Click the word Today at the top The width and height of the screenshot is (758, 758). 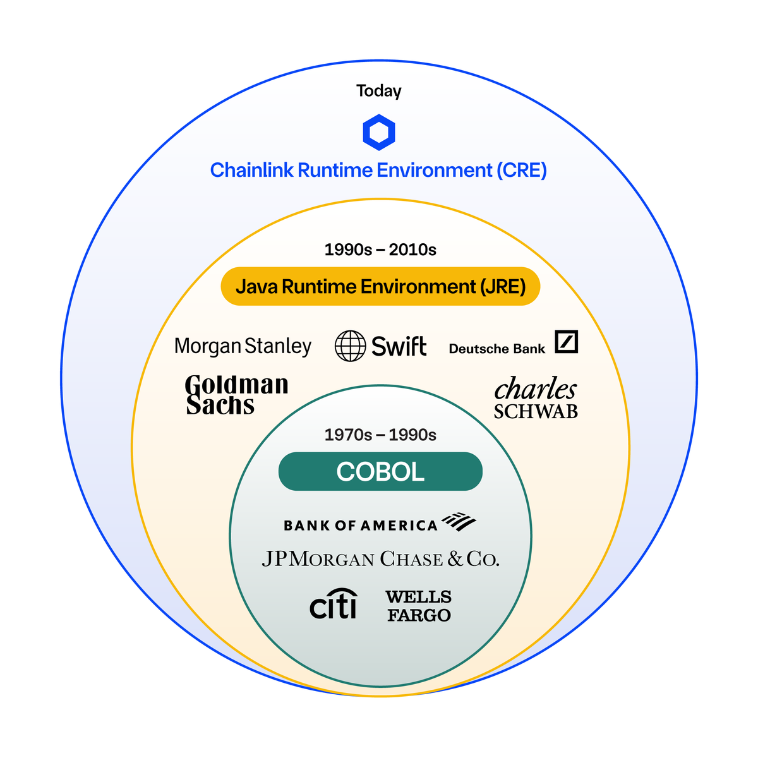pos(378,91)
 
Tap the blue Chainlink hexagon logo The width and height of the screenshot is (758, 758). pos(379,133)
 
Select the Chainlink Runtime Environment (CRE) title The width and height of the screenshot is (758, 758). pos(378,171)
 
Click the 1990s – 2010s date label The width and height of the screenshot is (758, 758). pos(380,250)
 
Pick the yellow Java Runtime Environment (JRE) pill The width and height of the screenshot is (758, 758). pos(380,287)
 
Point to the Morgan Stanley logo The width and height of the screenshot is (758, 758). pos(243,346)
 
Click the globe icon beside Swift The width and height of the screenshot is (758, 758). pos(350,346)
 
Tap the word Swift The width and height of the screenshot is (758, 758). pos(399,346)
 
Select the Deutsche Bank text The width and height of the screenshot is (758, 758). pos(496,349)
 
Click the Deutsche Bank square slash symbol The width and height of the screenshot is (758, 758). pos(566,342)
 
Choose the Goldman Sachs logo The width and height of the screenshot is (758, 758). pos(236,395)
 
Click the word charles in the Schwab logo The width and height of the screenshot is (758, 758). pos(536,389)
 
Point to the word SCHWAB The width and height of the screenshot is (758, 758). pos(536,412)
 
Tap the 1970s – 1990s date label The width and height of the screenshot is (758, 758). pos(380,435)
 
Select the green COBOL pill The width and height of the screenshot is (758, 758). pos(380,472)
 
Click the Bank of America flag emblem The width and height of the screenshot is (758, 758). pos(459,522)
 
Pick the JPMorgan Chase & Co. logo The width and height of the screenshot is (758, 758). pos(380,559)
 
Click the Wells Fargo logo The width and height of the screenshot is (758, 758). pos(418,606)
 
